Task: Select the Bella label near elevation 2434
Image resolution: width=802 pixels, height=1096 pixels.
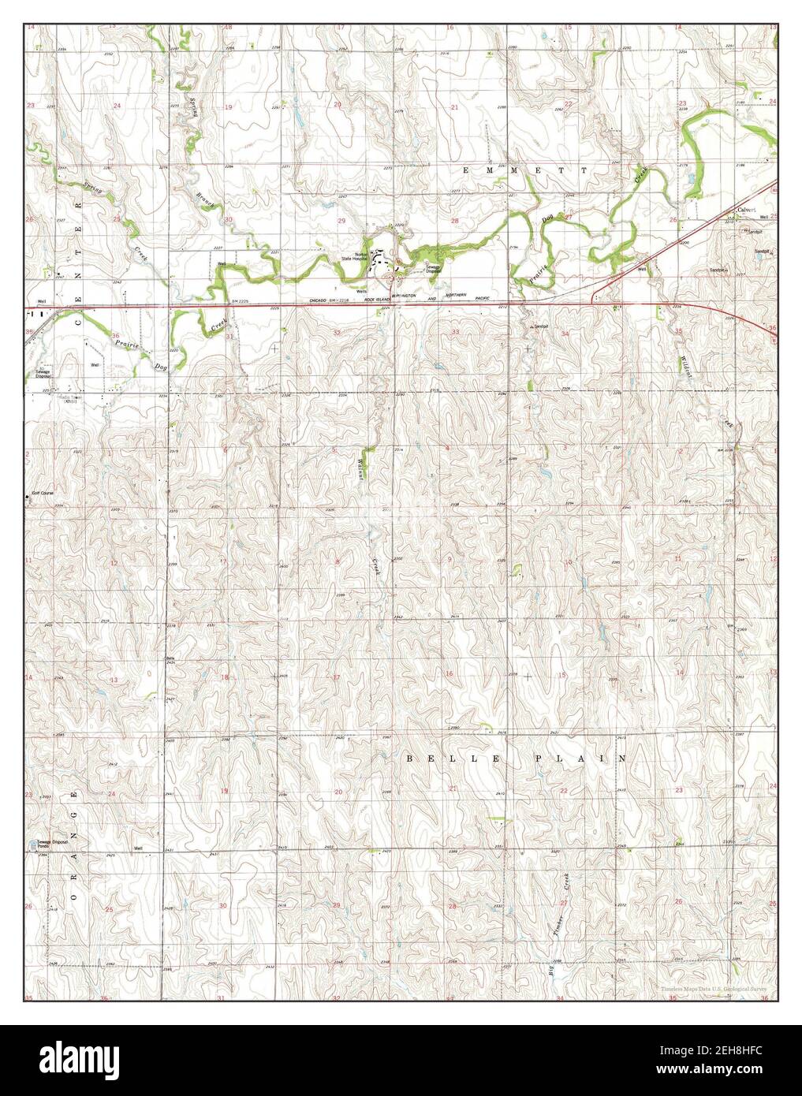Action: [x=170, y=658]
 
